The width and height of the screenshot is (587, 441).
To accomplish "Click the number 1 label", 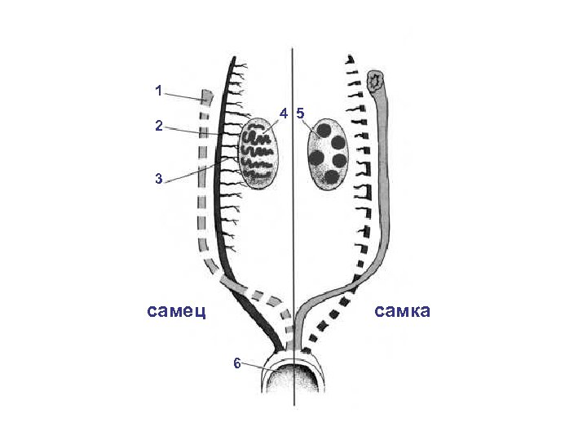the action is [159, 91].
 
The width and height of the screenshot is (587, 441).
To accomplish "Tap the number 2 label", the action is [159, 125].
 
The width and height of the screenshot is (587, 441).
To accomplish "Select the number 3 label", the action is [159, 177].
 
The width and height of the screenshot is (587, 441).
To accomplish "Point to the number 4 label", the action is [283, 112].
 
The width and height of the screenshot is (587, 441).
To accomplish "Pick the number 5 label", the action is [300, 112].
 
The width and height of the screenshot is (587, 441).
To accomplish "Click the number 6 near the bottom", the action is [237, 363].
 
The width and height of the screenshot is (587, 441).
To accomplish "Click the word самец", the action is [176, 311].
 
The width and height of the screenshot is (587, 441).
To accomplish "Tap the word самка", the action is [402, 311].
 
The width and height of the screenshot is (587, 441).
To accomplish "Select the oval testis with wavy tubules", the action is [260, 153].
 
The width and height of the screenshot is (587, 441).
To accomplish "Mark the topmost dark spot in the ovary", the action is [324, 129].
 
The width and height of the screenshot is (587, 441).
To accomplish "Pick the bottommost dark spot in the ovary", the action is [331, 176].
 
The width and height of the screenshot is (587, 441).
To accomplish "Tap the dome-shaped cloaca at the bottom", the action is [293, 384].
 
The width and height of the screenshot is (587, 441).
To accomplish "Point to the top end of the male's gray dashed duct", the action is [206, 95].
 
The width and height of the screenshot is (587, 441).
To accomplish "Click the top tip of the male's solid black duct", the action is [234, 59].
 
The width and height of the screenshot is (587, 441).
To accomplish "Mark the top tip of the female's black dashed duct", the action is [348, 58].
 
